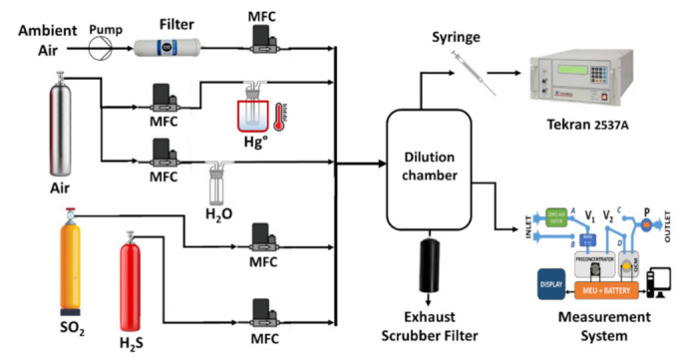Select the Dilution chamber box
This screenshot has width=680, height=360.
click(x=430, y=161)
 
